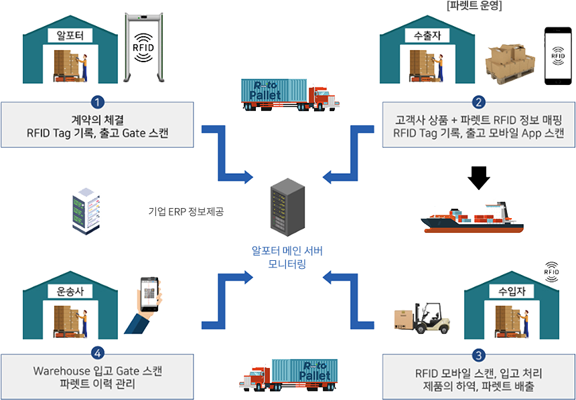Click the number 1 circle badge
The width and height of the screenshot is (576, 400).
(98, 102)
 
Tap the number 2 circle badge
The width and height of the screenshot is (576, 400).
(478, 102)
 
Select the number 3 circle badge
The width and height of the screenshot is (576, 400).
(478, 355)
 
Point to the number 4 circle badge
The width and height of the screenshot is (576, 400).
(98, 353)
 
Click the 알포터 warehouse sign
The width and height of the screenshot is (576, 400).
(70, 35)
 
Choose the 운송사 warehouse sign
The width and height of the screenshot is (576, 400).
(70, 292)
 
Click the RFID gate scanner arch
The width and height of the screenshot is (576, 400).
(147, 47)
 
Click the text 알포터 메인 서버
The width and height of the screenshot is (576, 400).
(287, 252)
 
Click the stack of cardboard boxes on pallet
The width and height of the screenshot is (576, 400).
(511, 61)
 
